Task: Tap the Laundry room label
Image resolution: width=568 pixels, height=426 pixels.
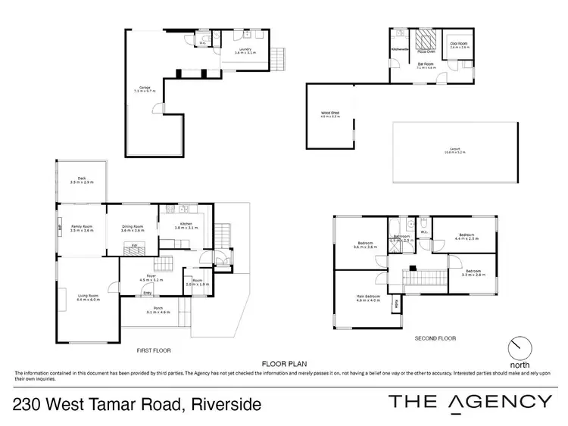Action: pos(243,50)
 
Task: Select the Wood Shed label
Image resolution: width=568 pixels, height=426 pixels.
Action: pos(329,114)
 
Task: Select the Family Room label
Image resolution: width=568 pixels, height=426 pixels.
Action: pos(81,228)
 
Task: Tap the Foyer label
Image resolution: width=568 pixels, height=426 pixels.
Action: pos(151,278)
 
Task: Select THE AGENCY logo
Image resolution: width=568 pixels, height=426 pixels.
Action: pos(470,403)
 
